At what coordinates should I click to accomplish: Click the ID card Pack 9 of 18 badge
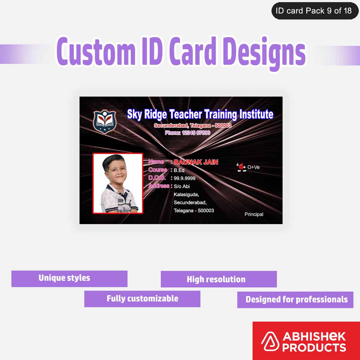tap(314, 11)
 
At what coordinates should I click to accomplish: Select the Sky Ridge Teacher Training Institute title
tap(200, 115)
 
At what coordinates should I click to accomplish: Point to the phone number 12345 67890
tap(196, 133)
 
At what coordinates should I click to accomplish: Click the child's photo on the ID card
tap(118, 183)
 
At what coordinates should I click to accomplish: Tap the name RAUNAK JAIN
tap(196, 162)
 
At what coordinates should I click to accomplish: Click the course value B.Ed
tap(179, 170)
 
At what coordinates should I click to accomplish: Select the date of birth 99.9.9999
tap(184, 178)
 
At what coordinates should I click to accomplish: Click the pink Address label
tap(159, 186)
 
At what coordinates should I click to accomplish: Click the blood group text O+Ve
tap(253, 167)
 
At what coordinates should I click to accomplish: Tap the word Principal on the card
tap(254, 214)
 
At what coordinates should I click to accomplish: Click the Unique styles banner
tap(69, 278)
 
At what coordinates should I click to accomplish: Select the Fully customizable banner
tap(142, 299)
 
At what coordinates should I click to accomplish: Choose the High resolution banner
tap(219, 279)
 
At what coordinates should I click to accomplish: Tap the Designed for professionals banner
tap(295, 299)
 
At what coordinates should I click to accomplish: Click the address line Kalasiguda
tap(186, 194)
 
